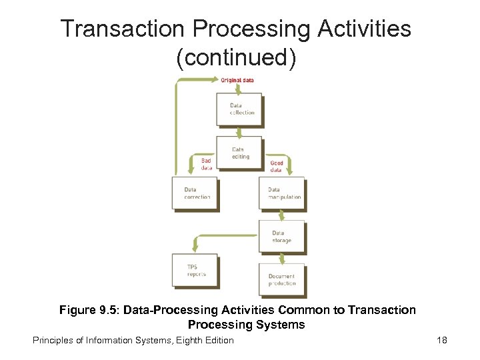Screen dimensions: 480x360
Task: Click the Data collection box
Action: (239, 109)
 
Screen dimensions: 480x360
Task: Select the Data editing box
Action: (239, 152)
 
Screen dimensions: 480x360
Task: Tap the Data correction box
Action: (195, 193)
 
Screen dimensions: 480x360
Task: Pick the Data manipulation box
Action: (281, 193)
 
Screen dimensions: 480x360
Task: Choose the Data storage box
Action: (281, 236)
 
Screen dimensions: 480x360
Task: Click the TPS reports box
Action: (195, 270)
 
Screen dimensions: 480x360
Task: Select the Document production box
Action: (281, 279)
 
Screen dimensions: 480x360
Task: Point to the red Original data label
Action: (237, 80)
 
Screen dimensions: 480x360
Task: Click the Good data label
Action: (276, 166)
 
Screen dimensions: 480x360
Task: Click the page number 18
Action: (441, 340)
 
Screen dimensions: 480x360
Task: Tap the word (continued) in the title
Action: (235, 57)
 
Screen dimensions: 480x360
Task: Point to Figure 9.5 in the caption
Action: (84, 310)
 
